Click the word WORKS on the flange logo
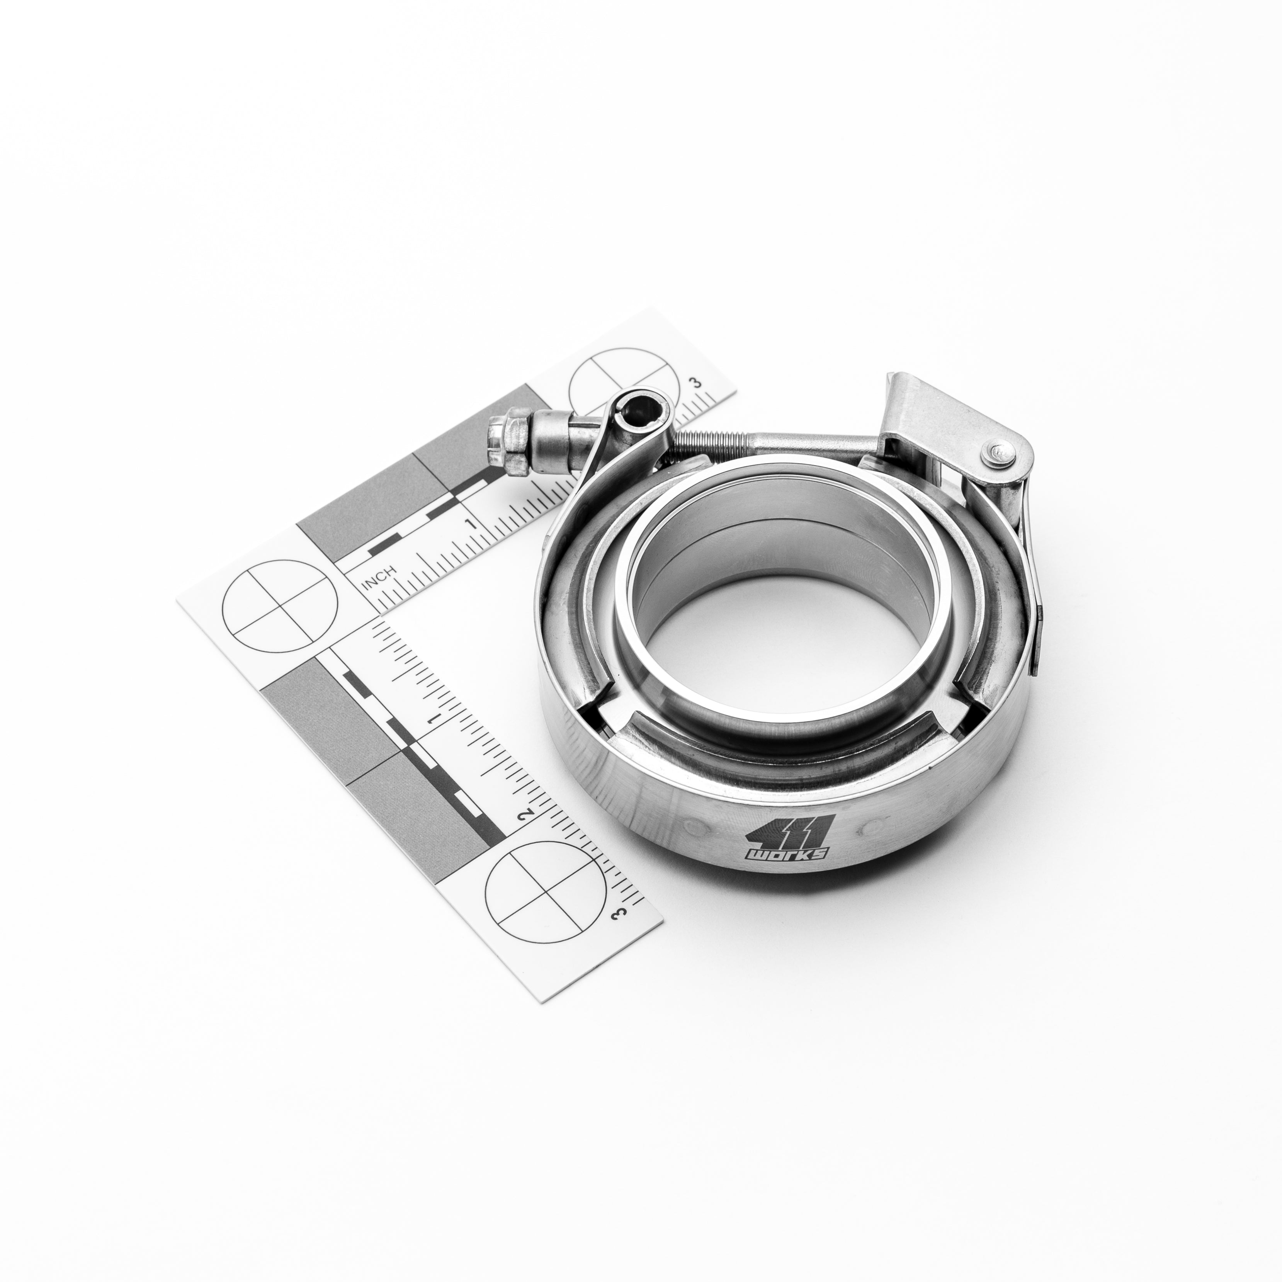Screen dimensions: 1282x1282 click(786, 856)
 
